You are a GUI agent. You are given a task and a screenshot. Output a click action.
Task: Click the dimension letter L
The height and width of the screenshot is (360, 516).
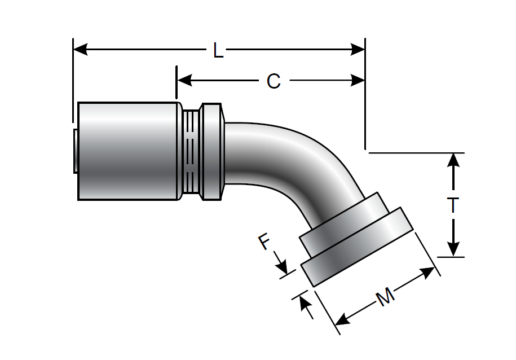(x=218, y=51)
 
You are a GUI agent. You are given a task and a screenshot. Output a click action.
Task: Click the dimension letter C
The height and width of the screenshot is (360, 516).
(x=273, y=82)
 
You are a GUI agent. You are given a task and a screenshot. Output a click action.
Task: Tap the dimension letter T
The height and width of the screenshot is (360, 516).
(x=453, y=206)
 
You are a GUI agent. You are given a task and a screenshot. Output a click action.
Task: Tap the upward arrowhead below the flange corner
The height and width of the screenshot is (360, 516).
(x=305, y=304)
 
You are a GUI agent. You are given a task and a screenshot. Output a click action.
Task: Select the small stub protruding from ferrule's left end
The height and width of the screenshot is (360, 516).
(x=76, y=150)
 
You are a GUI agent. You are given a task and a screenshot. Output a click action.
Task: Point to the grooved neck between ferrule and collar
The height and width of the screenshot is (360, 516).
(x=192, y=151)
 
